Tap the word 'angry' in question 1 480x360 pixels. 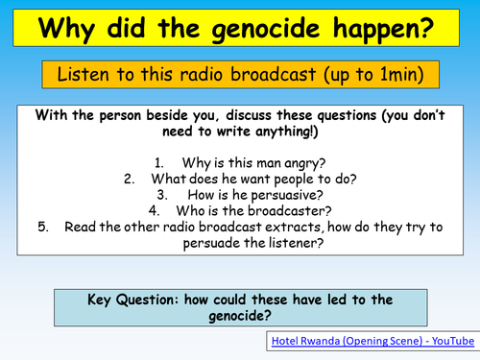(x=301, y=163)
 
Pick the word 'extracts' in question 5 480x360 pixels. (x=307, y=228)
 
